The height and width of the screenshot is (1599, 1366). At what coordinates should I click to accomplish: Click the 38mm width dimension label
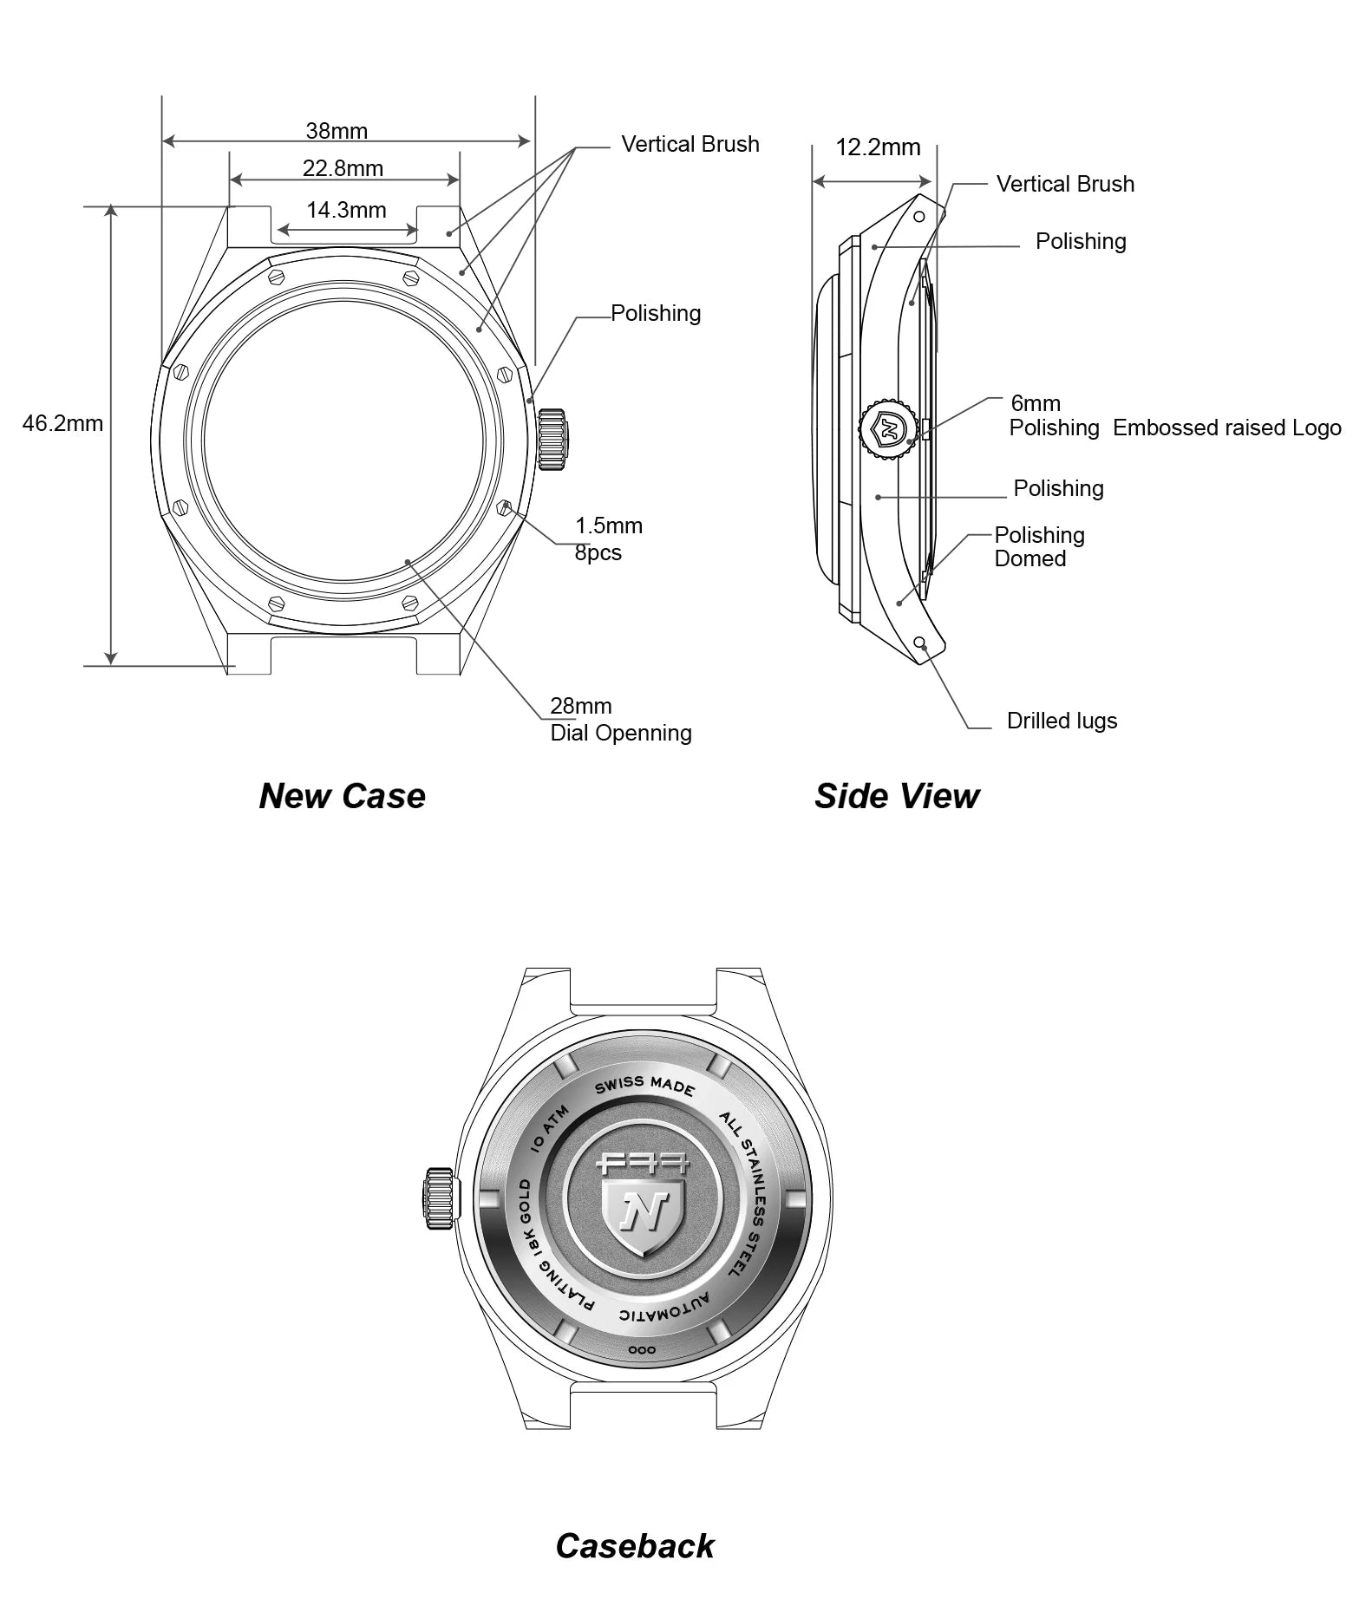tap(337, 131)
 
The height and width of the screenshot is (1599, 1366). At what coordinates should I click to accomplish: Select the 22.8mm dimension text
tap(343, 168)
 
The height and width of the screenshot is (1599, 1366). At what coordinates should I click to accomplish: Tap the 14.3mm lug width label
tap(346, 210)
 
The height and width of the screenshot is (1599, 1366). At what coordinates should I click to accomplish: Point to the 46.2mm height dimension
tap(62, 423)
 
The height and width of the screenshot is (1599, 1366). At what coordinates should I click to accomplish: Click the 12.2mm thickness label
tap(878, 147)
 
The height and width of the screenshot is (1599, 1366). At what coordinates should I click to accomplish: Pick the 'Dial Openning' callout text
tap(621, 733)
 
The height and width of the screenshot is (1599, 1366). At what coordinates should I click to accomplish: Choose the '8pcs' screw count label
tap(598, 552)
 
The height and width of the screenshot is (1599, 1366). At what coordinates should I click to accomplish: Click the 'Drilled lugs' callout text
tap(1062, 721)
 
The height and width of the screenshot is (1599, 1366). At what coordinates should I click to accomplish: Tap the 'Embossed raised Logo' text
tap(1226, 427)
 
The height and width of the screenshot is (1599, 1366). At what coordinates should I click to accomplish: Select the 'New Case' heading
tap(343, 796)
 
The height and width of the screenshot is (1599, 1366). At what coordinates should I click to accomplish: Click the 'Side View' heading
tap(897, 796)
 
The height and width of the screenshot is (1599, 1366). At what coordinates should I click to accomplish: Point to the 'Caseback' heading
tap(635, 1546)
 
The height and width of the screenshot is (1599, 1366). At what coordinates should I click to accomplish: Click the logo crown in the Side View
tap(888, 427)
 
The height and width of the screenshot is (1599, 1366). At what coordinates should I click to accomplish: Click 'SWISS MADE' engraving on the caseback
tap(644, 1085)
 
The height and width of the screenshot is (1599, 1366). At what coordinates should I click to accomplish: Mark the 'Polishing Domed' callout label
tap(1039, 546)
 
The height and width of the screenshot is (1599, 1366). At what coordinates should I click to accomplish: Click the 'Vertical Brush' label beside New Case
tap(690, 144)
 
